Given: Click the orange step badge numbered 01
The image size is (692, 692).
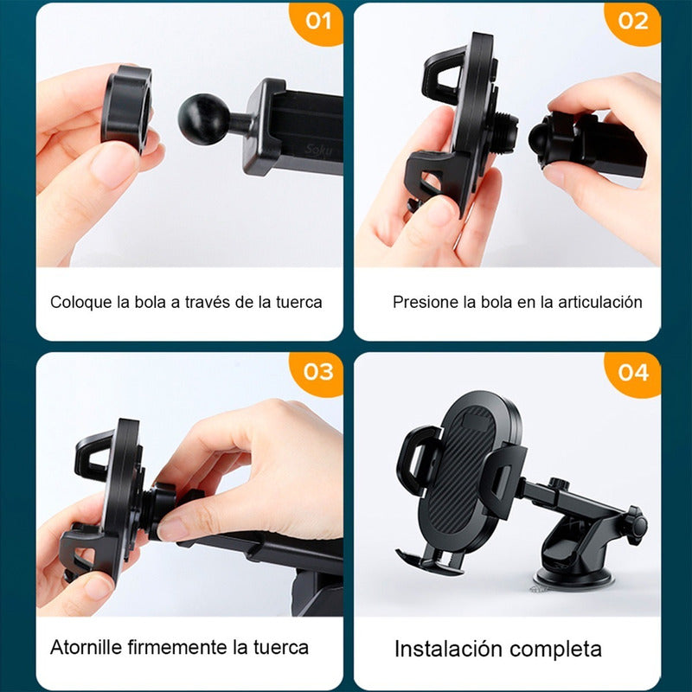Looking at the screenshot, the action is click(317, 23).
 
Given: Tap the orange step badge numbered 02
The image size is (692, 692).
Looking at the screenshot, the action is click(633, 22).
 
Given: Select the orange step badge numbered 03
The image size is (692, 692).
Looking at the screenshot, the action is click(317, 373).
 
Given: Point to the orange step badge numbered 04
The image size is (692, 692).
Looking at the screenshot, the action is click(633, 374).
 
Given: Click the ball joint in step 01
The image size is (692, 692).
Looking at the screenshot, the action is click(203, 119).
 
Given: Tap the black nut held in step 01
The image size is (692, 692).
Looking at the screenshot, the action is click(127, 109).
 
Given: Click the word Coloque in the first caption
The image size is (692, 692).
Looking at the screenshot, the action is click(81, 303).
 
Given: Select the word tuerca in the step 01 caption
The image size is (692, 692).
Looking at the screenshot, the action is click(298, 302).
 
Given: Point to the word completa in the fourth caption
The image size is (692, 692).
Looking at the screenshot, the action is click(555, 650).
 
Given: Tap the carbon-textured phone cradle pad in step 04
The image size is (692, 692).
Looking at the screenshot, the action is click(465, 477).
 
